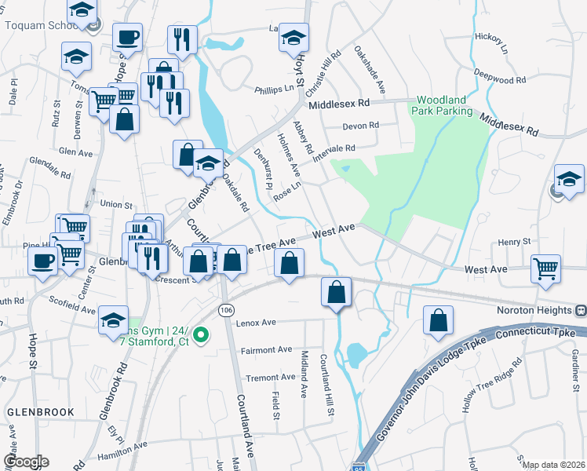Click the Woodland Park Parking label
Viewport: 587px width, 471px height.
click(x=444, y=106)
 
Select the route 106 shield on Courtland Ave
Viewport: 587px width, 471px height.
click(x=226, y=311)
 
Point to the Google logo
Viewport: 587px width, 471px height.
click(x=26, y=462)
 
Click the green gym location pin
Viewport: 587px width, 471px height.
click(x=201, y=335)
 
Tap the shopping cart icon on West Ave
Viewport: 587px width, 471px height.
click(x=545, y=268)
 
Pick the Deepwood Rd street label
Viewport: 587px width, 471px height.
click(x=500, y=80)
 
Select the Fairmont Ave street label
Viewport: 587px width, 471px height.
click(x=266, y=349)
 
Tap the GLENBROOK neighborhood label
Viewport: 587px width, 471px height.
click(x=40, y=411)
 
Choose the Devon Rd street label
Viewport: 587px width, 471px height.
click(x=361, y=126)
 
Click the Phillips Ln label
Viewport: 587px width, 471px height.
click(x=273, y=89)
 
